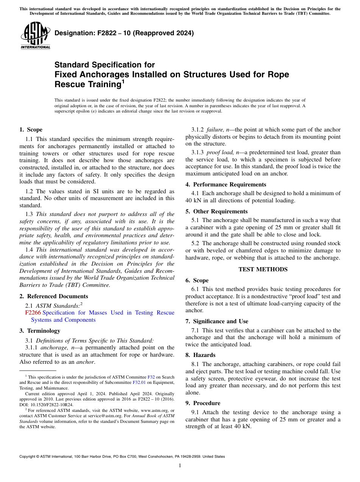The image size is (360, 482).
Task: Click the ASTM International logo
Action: click(x=36, y=36)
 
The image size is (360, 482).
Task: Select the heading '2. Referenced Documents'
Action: click(x=54, y=296)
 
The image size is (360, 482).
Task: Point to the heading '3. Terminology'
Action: click(x=40, y=331)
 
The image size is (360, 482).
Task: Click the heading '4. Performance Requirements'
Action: click(x=225, y=185)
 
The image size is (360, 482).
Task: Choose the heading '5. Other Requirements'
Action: click(x=216, y=211)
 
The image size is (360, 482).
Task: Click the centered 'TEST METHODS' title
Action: click(x=263, y=269)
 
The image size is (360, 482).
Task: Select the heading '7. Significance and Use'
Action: click(x=217, y=321)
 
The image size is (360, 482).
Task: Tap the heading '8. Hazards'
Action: click(x=200, y=355)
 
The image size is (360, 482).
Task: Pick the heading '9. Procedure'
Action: click(x=203, y=403)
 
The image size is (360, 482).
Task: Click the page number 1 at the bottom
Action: click(x=180, y=465)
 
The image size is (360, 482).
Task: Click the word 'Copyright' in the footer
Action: click(x=28, y=457)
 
